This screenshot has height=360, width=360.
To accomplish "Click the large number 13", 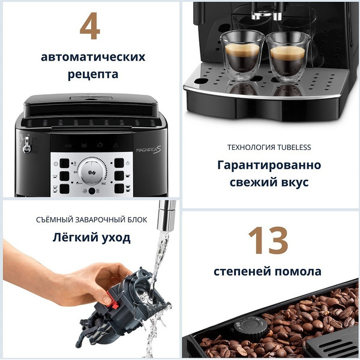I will point(268,240).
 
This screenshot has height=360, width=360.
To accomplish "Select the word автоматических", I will point(93,57).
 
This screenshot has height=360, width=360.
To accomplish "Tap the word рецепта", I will point(93,74).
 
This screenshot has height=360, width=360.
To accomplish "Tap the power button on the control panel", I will point(56,163).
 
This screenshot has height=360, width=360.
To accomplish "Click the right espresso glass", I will point(287,57).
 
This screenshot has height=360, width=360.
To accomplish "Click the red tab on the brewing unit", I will point(106,298).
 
